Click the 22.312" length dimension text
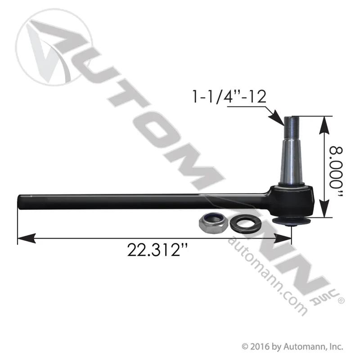click(x=157, y=250)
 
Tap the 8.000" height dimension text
click(x=336, y=172)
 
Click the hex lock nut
click(x=213, y=223)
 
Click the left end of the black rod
click(x=18, y=202)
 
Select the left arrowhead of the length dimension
click(x=26, y=238)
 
